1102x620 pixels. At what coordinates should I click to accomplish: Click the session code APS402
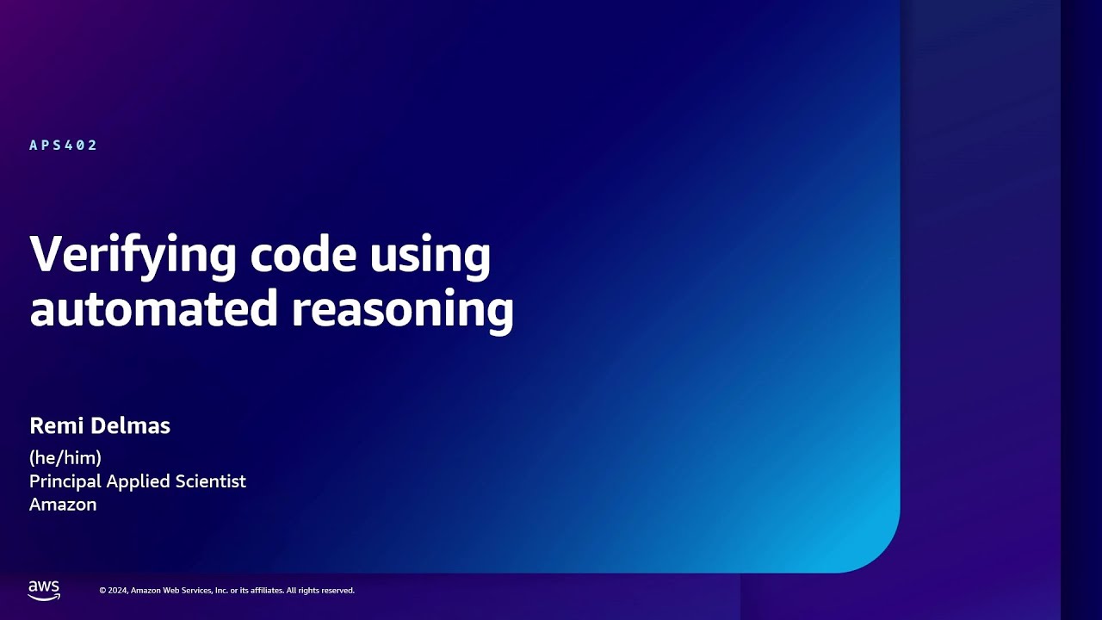click(64, 146)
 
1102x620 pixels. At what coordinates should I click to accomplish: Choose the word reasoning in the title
click(402, 310)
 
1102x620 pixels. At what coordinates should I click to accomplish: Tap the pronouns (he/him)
click(65, 457)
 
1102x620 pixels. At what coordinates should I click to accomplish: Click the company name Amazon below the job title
click(63, 505)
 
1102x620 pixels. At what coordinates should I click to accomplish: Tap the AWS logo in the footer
click(44, 590)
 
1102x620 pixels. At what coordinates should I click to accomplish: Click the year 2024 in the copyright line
click(118, 591)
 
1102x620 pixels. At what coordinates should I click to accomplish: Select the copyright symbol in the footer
click(102, 591)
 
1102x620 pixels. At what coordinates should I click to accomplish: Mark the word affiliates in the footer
click(264, 591)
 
